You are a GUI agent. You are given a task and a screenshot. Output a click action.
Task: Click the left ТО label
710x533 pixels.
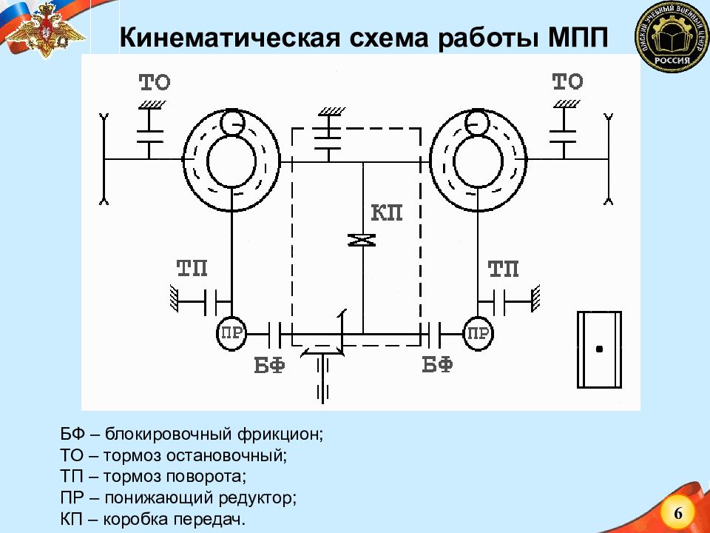(155, 82)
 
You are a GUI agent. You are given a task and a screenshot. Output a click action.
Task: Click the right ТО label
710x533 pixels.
(567, 82)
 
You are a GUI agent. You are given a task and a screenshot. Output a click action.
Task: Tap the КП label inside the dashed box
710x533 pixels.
(387, 212)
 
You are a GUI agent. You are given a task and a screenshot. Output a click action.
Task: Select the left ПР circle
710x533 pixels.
(231, 334)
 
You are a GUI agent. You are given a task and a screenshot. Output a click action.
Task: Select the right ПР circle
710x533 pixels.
(479, 334)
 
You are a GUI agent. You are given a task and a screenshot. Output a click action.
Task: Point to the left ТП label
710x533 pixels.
(192, 268)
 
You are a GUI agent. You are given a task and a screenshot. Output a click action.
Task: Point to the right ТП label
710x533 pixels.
(504, 269)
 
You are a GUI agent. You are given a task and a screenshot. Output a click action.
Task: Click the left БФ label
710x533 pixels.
(269, 365)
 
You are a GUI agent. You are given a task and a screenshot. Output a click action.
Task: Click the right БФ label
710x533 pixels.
(437, 364)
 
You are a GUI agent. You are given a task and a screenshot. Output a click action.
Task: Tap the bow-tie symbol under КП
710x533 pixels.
(362, 240)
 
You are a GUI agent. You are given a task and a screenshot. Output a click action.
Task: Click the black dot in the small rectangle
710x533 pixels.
(599, 349)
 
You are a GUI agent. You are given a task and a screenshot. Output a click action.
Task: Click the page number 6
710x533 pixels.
(678, 514)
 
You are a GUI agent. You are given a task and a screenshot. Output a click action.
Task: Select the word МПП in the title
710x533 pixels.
(578, 38)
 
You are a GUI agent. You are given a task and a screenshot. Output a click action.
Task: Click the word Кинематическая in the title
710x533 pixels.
(229, 38)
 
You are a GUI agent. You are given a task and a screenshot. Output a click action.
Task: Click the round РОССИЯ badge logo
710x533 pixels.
(672, 37)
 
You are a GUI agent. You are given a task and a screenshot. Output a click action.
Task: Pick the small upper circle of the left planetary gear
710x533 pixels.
(233, 122)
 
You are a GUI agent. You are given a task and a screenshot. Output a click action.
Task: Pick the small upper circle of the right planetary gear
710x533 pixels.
(476, 122)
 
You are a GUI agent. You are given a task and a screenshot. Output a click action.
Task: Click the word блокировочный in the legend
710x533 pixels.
(169, 435)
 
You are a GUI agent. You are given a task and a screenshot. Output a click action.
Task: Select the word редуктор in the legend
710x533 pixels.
(257, 498)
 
